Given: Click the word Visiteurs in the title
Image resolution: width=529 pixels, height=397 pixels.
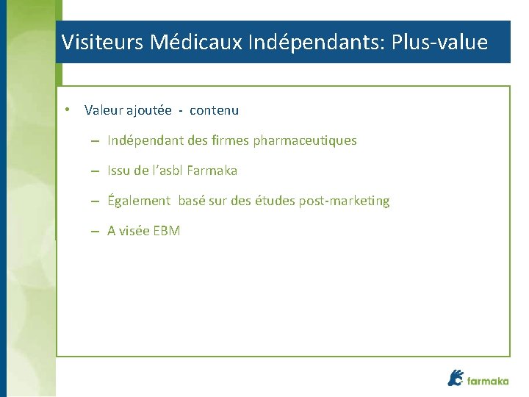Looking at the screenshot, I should (x=102, y=42).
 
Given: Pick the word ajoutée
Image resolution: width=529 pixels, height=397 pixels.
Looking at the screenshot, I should (x=149, y=110).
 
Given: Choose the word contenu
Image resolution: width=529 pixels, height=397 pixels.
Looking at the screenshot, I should (x=214, y=110).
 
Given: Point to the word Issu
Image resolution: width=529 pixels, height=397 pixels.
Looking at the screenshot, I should (x=118, y=171).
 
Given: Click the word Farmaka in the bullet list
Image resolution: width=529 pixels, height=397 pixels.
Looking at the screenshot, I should (x=212, y=171).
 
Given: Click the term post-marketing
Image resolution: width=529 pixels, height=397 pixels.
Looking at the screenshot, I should (x=344, y=201).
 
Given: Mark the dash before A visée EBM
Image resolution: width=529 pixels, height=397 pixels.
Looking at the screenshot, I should (x=96, y=231).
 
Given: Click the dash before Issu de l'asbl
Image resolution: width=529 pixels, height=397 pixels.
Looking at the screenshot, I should (x=96, y=171).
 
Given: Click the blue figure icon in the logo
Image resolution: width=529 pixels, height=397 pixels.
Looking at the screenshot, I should (x=456, y=377).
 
